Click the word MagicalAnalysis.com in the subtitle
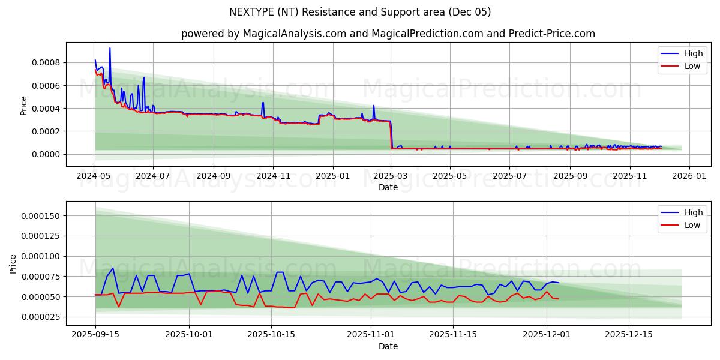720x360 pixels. click(294, 34)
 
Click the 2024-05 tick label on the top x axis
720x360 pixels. click(94, 176)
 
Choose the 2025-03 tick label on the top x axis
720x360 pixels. click(391, 176)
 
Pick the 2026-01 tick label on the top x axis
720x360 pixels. click(689, 176)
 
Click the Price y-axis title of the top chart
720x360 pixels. click(24, 106)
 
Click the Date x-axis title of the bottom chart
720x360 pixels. click(388, 346)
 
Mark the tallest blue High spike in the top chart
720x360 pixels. click(110, 49)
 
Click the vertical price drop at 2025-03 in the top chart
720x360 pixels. click(391, 135)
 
